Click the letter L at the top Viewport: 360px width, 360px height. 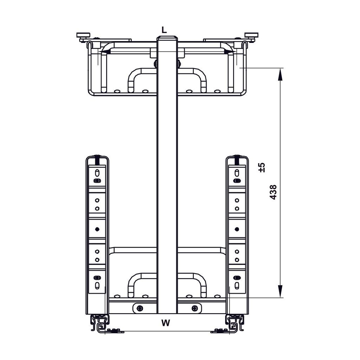pyautogui.click(x=164, y=30)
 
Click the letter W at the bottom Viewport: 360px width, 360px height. pyautogui.click(x=166, y=323)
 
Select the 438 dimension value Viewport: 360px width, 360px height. pyautogui.click(x=273, y=192)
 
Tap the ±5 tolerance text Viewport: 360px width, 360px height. pyautogui.click(x=262, y=167)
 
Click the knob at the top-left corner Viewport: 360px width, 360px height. pyautogui.click(x=83, y=35)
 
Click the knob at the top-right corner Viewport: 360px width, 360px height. pyautogui.click(x=251, y=35)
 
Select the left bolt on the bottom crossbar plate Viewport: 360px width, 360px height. pyautogui.click(x=140, y=308)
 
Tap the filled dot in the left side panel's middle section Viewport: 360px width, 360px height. pyautogui.click(x=97, y=229)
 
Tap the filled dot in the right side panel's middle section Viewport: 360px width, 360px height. pyautogui.click(x=237, y=229)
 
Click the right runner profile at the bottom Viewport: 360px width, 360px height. pyautogui.click(x=234, y=323)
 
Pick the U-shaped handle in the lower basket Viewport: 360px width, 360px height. pyautogui.click(x=167, y=281)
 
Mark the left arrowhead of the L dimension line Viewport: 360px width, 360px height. pyautogui.click(x=104, y=52)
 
